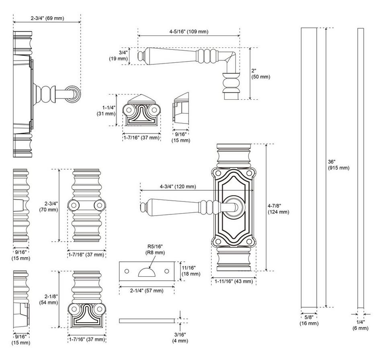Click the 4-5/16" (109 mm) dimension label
coord(189,32)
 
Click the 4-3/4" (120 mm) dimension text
coord(178,186)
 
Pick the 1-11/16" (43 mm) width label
coord(233,281)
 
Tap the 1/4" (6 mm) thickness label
coord(360,325)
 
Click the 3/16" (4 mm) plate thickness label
coord(180,338)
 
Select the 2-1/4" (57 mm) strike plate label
coord(146,290)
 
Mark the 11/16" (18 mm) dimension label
coord(191,271)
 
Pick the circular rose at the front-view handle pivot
coord(233,206)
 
